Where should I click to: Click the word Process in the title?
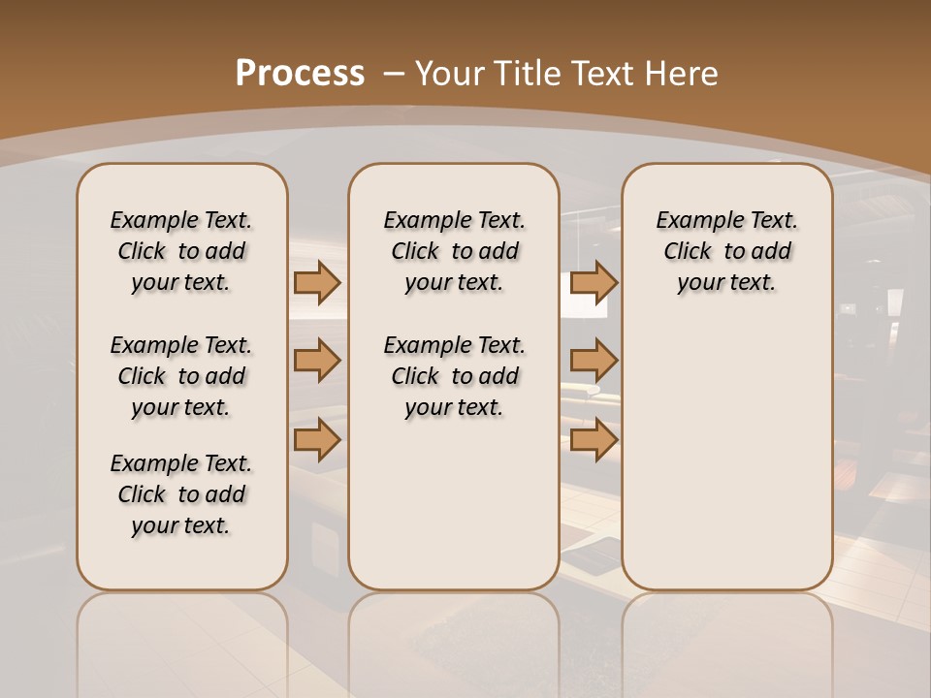(x=300, y=74)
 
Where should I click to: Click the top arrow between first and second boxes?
(x=317, y=283)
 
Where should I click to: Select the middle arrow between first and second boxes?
(x=317, y=362)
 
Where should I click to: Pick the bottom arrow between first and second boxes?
(x=317, y=440)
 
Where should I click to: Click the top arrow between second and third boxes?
(x=594, y=283)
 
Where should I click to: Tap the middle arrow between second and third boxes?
(x=594, y=362)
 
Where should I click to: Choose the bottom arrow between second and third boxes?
(x=594, y=440)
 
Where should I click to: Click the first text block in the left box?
(x=181, y=251)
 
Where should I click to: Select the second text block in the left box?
(x=181, y=376)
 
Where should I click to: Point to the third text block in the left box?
(x=181, y=494)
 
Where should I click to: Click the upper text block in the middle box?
(x=455, y=251)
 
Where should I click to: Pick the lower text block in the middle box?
(x=455, y=376)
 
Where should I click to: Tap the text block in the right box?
(x=727, y=251)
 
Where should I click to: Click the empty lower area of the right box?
(x=727, y=456)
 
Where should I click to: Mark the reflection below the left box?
(x=182, y=640)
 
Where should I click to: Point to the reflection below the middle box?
(x=454, y=640)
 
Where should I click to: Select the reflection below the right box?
(x=727, y=640)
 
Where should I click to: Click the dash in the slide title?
(x=394, y=74)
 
